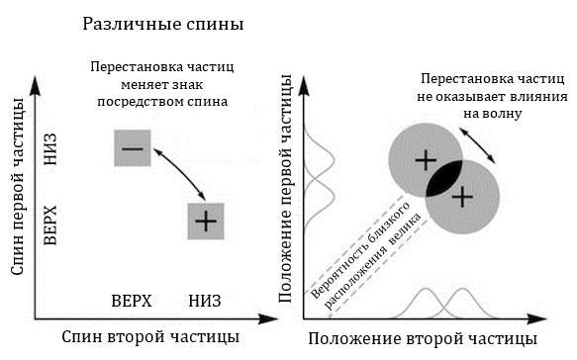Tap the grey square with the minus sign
coord(132,148)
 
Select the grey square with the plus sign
coord(207,220)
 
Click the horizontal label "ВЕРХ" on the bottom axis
coord(132,300)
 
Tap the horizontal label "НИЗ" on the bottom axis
coord(204,300)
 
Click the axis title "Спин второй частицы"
coord(150,337)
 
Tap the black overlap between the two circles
coord(442,177)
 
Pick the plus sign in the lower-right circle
coord(460,195)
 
